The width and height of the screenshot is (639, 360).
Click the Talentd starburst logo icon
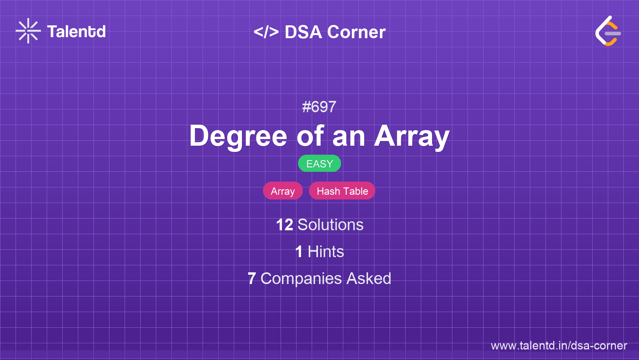tap(28, 31)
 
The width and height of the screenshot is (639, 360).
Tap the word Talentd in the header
tap(76, 32)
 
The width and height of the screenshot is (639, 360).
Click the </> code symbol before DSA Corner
tap(266, 32)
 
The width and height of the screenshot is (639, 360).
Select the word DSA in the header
tap(303, 32)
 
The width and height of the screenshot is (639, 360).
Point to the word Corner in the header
tap(357, 32)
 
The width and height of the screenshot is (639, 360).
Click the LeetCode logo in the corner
tap(608, 31)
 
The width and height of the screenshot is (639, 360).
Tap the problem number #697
tap(319, 107)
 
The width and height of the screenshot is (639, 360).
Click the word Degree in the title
tap(238, 136)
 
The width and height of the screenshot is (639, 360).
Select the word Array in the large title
tap(412, 136)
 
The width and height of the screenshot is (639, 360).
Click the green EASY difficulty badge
tap(319, 164)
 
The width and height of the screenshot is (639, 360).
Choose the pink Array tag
tap(283, 191)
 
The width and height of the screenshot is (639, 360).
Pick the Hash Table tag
tap(342, 191)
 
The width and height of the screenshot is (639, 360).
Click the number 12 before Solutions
tap(284, 225)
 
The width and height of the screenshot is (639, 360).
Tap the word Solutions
tap(330, 225)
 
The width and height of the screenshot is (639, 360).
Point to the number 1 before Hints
tap(299, 252)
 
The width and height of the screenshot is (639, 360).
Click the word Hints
tap(326, 252)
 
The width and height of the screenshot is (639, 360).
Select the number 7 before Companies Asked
tap(252, 279)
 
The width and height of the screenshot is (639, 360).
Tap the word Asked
tap(369, 279)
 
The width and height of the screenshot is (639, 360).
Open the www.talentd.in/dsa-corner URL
tap(559, 346)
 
